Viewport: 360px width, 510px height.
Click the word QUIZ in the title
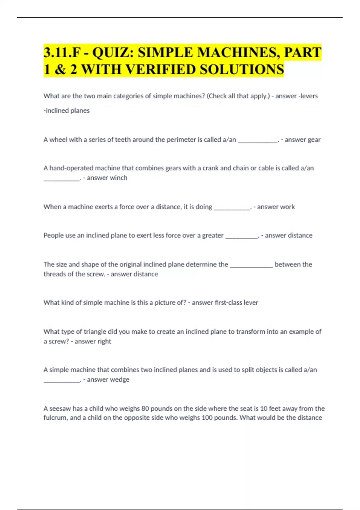[112, 52]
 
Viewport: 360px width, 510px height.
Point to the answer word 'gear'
[314, 140]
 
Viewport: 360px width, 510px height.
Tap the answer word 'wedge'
[120, 379]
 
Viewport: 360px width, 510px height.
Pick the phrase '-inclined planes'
[67, 111]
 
